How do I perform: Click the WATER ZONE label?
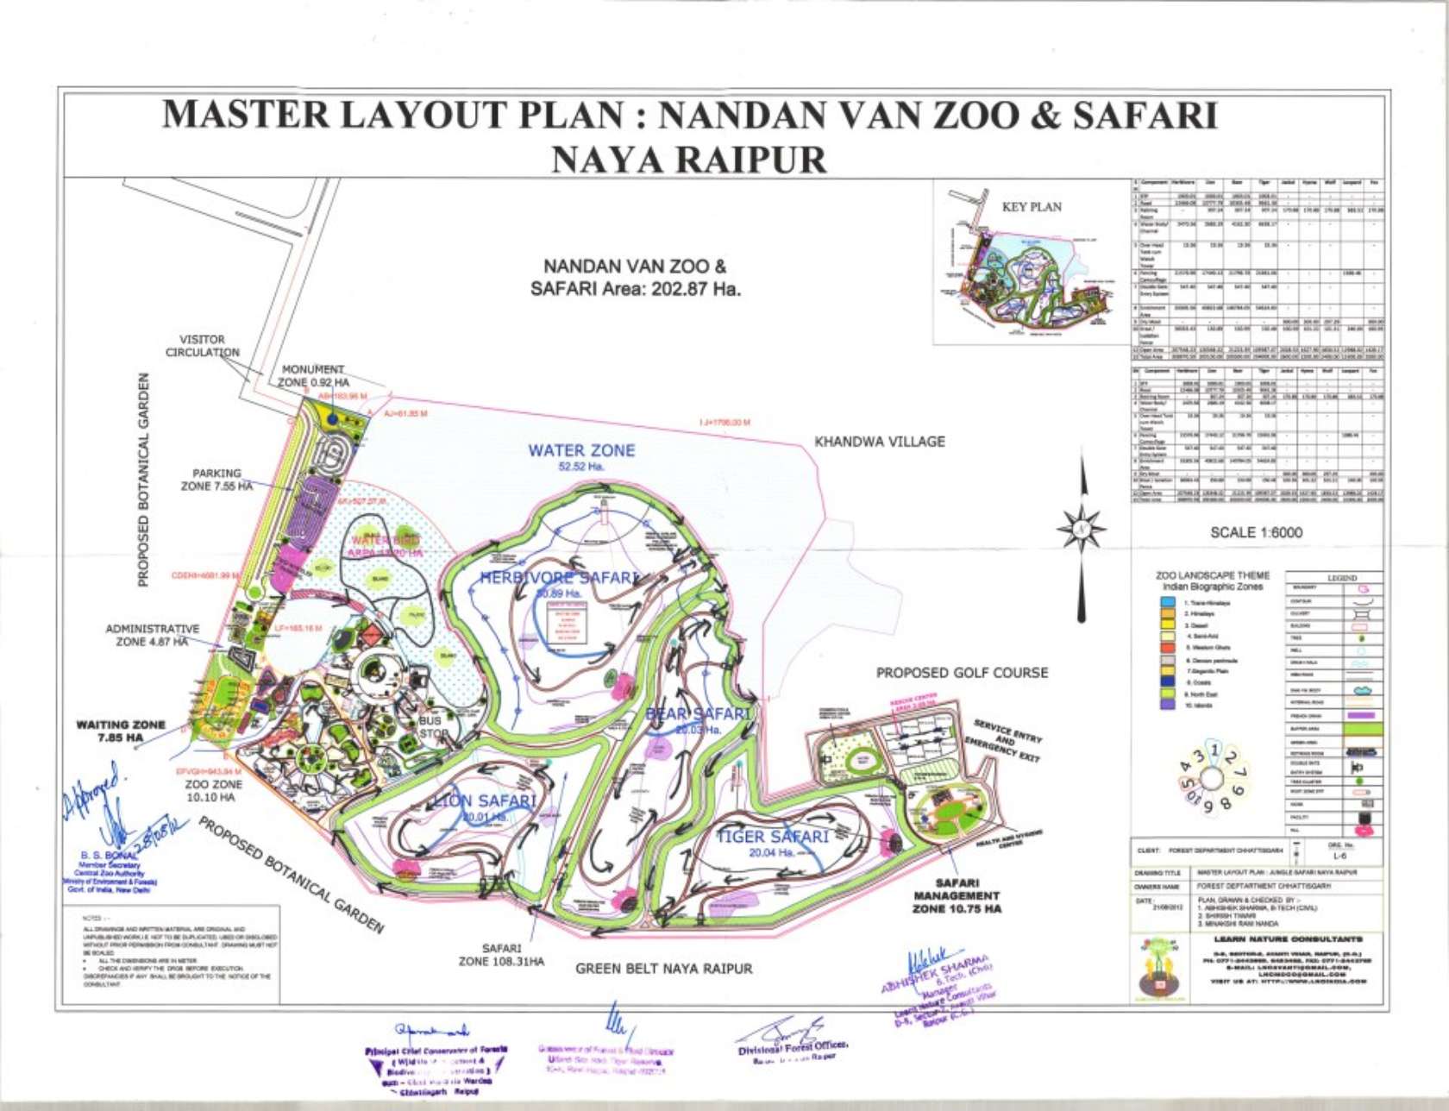(x=581, y=451)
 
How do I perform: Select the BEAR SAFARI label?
(x=698, y=714)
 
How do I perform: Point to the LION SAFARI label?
(x=485, y=801)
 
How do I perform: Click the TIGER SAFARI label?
(x=772, y=837)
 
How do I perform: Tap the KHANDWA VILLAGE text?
(x=879, y=442)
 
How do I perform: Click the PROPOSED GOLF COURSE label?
(x=962, y=673)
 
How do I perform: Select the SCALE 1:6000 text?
(x=1256, y=532)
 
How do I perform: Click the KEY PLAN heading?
(x=1032, y=207)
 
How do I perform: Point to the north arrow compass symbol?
(x=1082, y=525)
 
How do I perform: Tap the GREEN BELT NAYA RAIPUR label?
(x=663, y=969)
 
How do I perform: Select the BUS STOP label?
(x=431, y=727)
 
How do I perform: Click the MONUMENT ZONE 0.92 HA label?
(x=313, y=375)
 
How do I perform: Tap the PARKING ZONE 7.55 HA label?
(x=216, y=480)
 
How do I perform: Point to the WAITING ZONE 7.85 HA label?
(x=121, y=731)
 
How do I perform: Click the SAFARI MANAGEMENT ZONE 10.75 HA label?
(x=957, y=895)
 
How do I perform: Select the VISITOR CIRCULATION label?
(x=202, y=346)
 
